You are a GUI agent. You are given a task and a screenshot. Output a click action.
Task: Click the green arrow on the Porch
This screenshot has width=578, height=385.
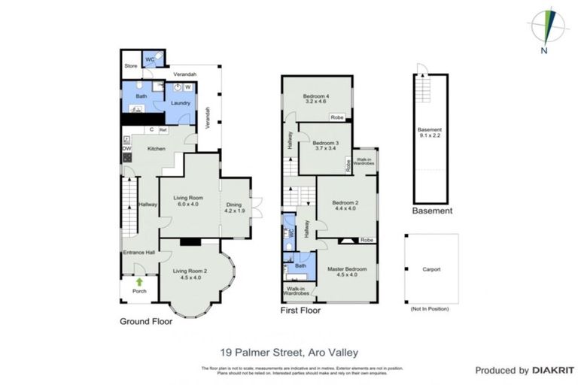[x=138, y=282]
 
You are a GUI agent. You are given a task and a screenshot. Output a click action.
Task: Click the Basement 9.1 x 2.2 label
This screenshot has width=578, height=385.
[x=429, y=133]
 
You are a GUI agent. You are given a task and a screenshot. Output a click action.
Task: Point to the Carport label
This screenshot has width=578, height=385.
[x=431, y=269]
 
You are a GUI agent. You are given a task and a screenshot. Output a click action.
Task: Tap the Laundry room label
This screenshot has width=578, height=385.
[x=181, y=103]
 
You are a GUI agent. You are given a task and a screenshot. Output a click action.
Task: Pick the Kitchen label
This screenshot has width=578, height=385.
[x=156, y=148]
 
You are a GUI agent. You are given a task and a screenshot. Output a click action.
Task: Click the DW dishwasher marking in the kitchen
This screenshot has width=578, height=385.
[x=126, y=149]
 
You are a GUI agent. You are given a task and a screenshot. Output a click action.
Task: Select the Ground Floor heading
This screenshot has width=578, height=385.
[x=146, y=321]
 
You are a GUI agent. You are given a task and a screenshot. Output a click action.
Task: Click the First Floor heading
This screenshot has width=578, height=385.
[x=300, y=310]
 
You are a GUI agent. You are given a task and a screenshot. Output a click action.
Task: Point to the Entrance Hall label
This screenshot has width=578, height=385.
[x=138, y=253]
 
